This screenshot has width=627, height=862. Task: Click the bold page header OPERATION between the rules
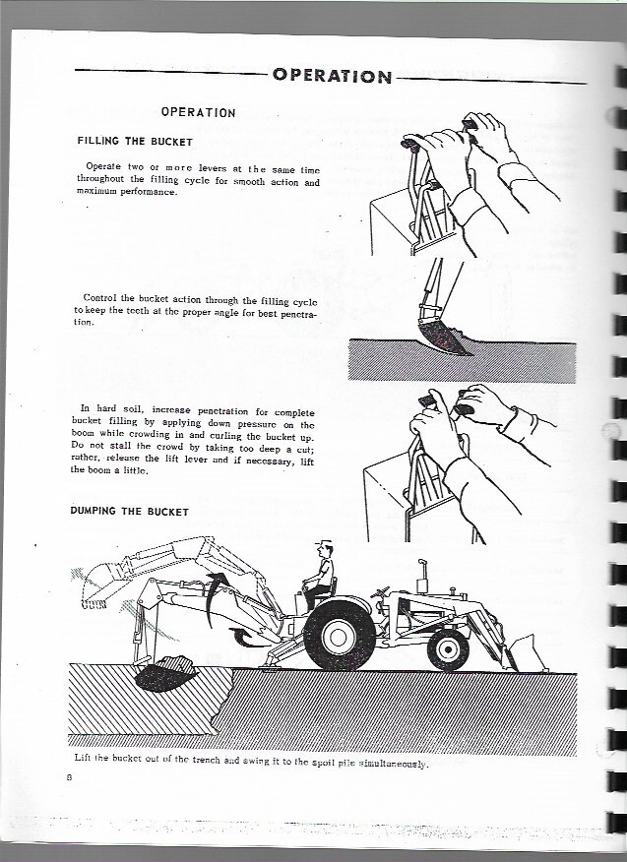(x=333, y=75)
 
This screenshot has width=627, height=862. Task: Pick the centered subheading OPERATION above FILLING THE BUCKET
(x=198, y=112)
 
